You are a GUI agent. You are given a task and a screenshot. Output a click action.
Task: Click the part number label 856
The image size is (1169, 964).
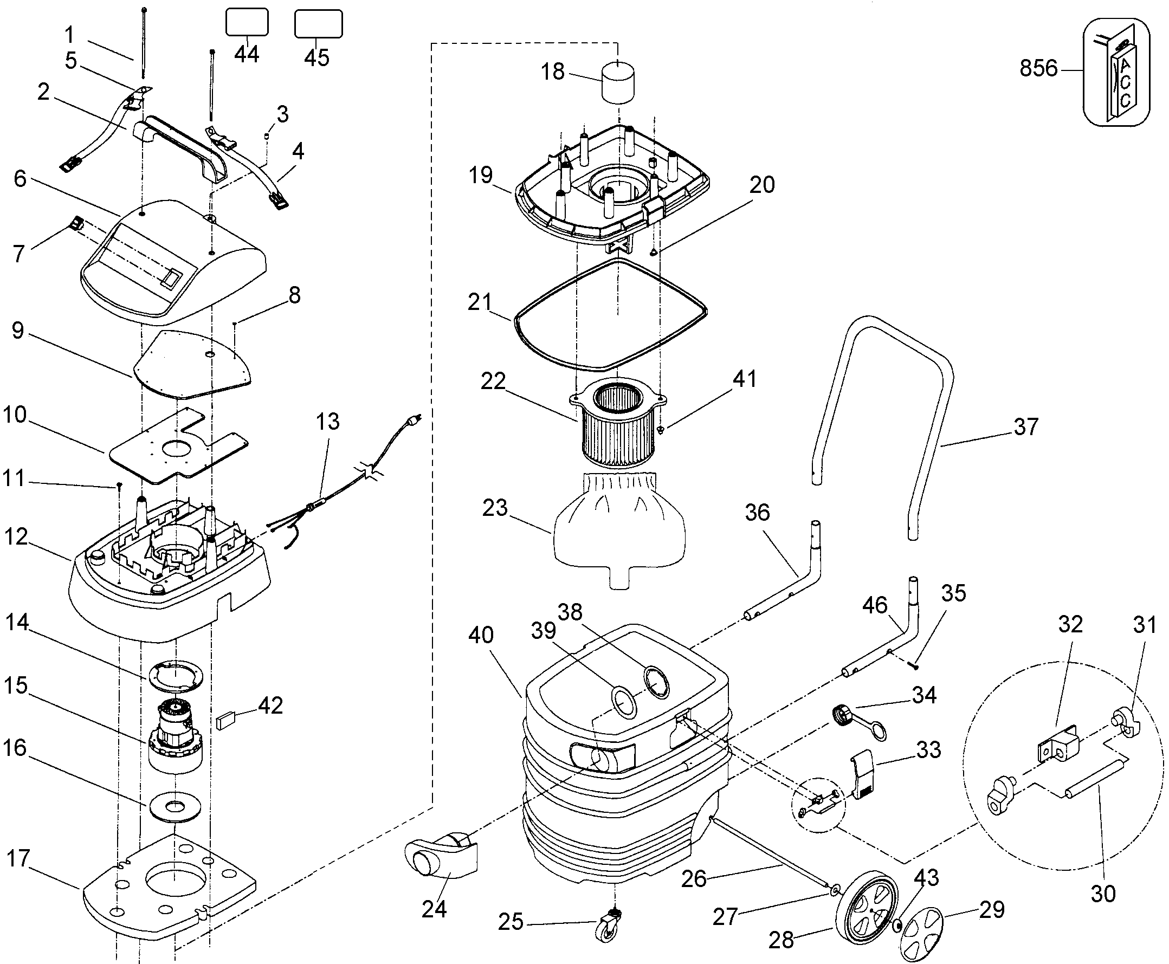(x=1038, y=69)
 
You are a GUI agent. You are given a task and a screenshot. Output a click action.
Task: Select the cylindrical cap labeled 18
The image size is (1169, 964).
(x=618, y=82)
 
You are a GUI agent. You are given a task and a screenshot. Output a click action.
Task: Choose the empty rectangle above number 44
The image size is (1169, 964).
(x=247, y=22)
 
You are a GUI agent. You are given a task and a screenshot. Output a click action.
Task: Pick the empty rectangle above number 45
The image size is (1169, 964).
(x=318, y=24)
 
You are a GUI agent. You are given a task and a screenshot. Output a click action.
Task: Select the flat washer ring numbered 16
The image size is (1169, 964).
(x=175, y=806)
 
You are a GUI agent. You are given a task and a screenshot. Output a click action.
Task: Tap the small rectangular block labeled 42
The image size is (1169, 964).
(x=227, y=721)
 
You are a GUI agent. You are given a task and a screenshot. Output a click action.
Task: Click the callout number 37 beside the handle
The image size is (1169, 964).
(x=1025, y=427)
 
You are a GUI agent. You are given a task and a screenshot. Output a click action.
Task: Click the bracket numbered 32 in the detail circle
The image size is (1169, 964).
(x=1057, y=744)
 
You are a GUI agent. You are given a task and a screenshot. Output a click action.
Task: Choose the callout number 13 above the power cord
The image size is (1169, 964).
(x=328, y=422)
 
